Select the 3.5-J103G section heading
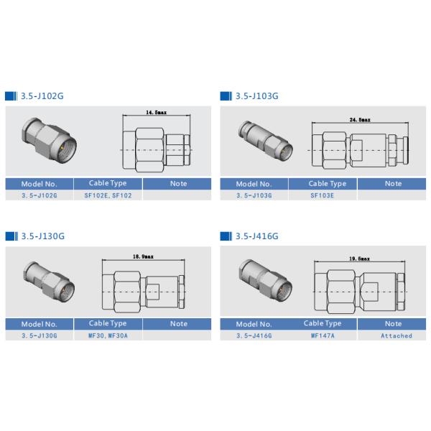(256, 96)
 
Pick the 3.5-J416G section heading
(256, 236)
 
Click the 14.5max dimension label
(155, 113)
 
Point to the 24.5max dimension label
(359, 119)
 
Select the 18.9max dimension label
(143, 256)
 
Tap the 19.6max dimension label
(358, 259)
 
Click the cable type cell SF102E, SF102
(108, 195)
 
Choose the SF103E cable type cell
(323, 195)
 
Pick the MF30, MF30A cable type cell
(108, 335)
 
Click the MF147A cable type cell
(323, 335)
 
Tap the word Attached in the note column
(396, 335)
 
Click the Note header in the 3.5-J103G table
(393, 184)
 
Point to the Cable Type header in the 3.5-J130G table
(108, 324)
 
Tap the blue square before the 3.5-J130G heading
(10, 236)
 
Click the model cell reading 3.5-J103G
(254, 195)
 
